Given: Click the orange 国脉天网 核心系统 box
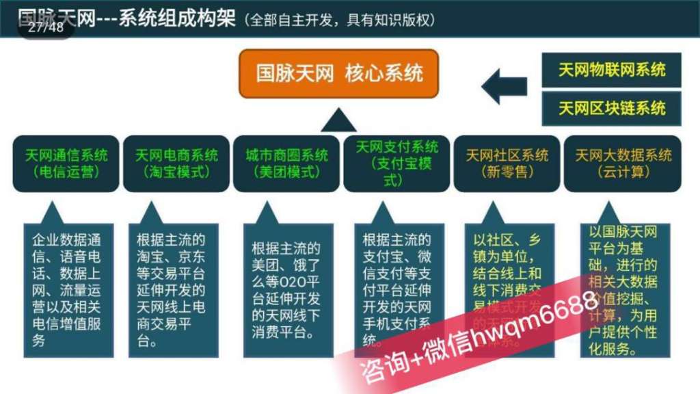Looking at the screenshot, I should coord(338,73).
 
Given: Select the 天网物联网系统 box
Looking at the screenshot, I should coord(611,70).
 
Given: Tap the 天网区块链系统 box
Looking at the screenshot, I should coord(611,108).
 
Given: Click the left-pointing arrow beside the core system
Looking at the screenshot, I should coord(504,87).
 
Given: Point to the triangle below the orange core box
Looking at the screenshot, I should coord(338,121).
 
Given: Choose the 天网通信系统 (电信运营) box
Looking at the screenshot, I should coord(66,163).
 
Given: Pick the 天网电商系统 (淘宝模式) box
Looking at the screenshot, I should coord(177,163).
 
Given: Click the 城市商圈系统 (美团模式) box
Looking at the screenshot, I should coord(287,163).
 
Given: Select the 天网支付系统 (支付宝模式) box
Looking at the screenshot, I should coord(397,163).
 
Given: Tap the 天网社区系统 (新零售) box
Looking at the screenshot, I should coord(507,163).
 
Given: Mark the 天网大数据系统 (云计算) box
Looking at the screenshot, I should coord(623,163).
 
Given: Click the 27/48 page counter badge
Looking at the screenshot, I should coord(46,27).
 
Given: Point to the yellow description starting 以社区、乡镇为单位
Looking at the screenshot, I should coord(507,274).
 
